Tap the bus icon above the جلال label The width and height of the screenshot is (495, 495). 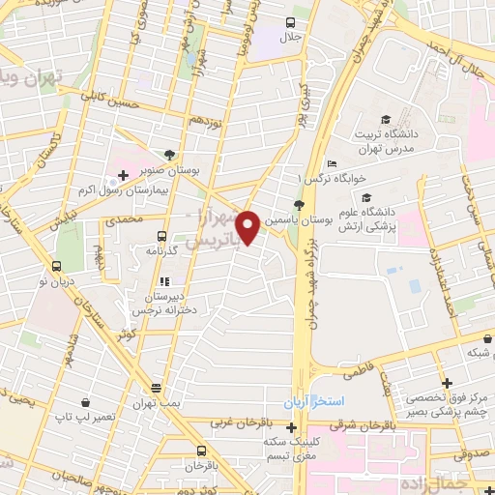[x=291, y=21]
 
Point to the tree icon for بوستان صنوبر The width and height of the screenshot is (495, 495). [x=170, y=154]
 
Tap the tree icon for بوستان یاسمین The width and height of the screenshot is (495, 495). [x=299, y=205]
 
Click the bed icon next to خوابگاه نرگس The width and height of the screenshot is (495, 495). [x=331, y=163]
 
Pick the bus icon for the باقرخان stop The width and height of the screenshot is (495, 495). [x=202, y=451]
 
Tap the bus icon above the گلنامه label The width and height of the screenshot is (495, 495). [x=160, y=235]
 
